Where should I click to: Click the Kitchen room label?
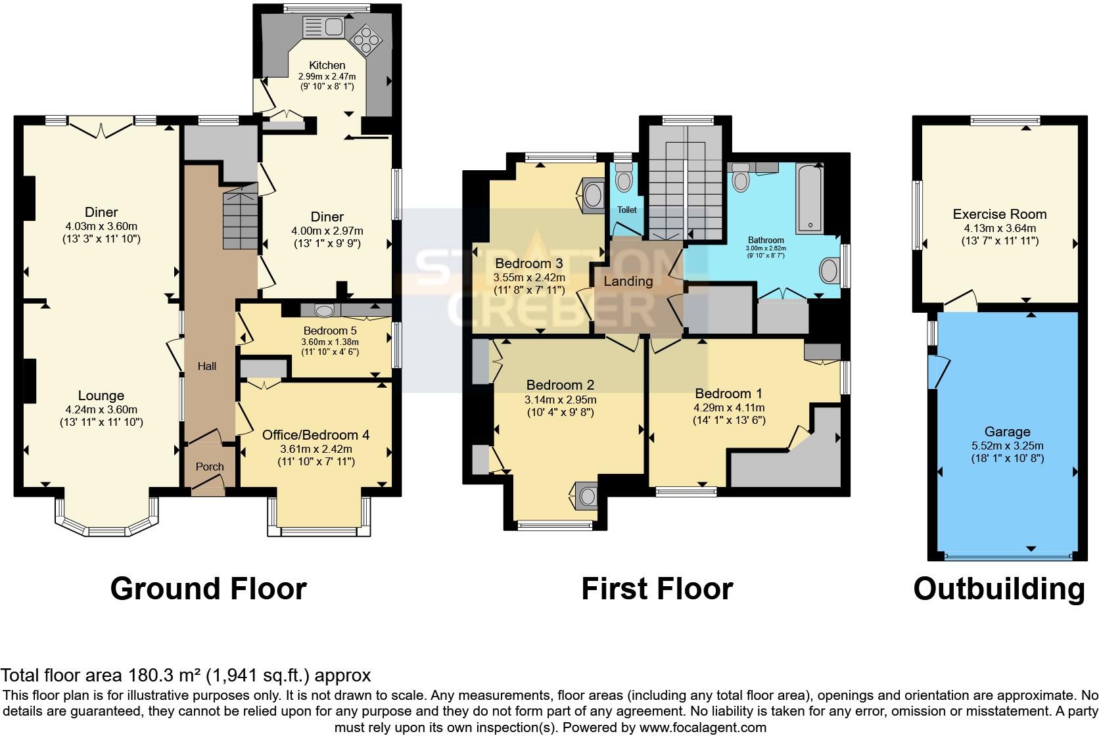tap(327, 65)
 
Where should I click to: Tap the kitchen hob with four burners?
tap(366, 41)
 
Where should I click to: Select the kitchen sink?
tap(324, 28)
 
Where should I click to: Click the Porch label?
tap(210, 467)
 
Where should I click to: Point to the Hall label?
tap(207, 366)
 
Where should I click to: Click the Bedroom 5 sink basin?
tap(324, 310)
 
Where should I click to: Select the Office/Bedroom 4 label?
tap(316, 434)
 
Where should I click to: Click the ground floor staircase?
tap(241, 220)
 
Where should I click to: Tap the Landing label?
tap(628, 281)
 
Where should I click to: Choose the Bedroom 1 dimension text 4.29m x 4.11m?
tap(729, 407)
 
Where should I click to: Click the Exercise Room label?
tap(1000, 214)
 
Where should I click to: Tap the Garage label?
tap(1007, 432)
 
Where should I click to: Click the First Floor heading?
tap(657, 589)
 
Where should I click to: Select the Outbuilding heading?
tap(999, 589)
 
